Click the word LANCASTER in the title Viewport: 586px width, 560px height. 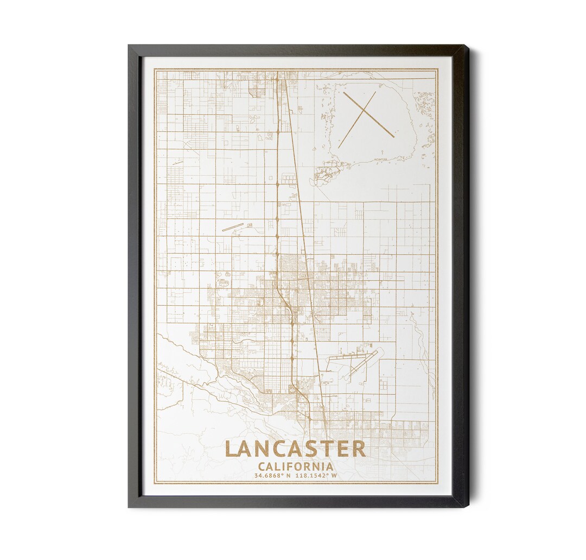pyautogui.click(x=295, y=449)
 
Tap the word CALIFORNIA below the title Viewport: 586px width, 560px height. pyautogui.click(x=296, y=466)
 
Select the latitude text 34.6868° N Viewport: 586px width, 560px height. pyautogui.click(x=272, y=475)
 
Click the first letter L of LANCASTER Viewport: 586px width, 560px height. pyautogui.click(x=231, y=449)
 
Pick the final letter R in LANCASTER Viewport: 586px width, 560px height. pyautogui.click(x=359, y=449)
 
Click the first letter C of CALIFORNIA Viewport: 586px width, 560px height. pyautogui.click(x=262, y=466)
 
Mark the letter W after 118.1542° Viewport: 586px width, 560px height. pyautogui.click(x=334, y=475)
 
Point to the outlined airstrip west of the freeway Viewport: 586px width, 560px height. pyautogui.click(x=233, y=227)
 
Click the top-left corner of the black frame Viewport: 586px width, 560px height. pyautogui.click(x=129, y=46)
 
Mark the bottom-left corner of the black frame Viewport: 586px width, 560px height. pyautogui.click(x=129, y=506)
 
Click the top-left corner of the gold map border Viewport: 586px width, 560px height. pyautogui.click(x=155, y=69)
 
